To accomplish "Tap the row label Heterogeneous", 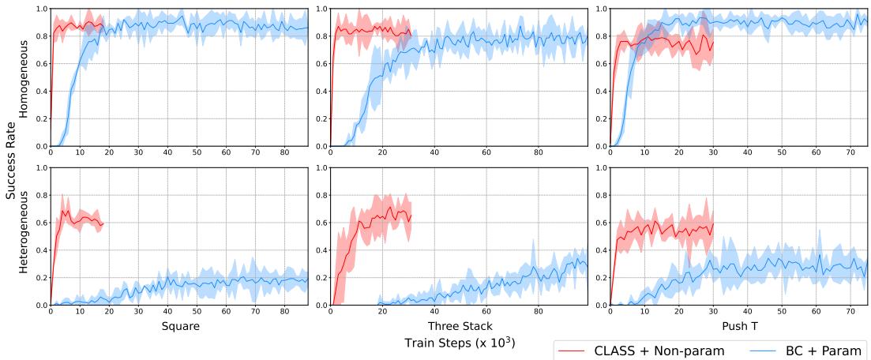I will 24,236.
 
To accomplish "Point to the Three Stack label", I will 459,325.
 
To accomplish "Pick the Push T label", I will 738,325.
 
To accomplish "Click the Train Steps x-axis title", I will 459,343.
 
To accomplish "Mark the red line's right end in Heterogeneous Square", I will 103,224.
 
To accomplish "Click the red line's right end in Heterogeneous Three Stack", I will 411,215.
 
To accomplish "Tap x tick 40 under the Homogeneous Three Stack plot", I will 434,153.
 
